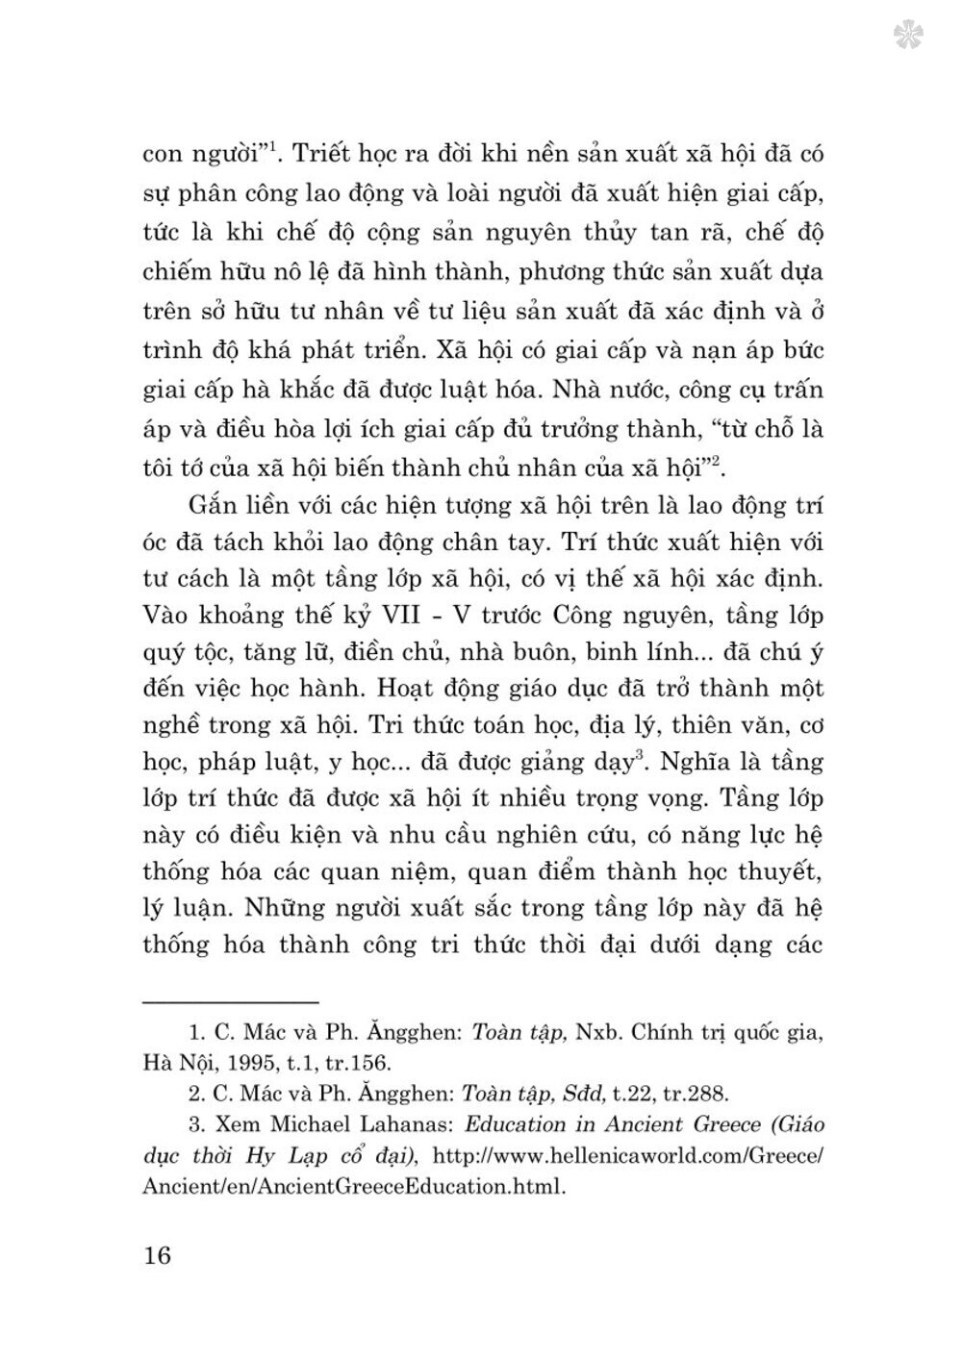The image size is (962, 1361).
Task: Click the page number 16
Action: [x=156, y=1255]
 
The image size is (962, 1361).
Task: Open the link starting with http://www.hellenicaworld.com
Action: [x=629, y=1154]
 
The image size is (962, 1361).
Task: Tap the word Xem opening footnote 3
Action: [x=232, y=1123]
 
